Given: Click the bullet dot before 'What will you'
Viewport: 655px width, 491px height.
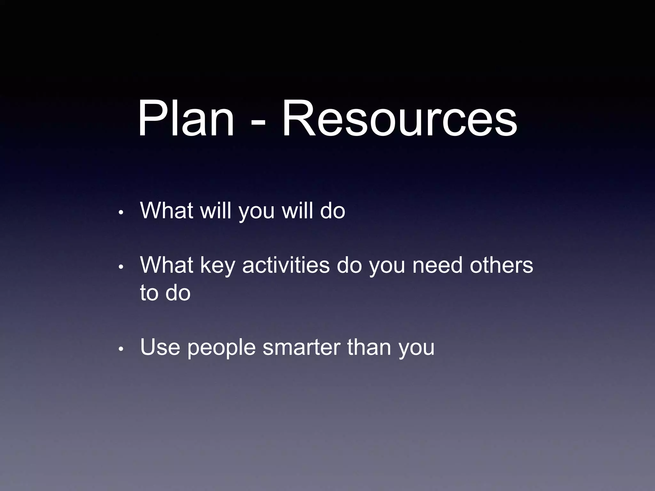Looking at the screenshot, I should click(x=121, y=213).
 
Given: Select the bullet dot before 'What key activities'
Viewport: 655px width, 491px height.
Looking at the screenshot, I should click(x=121, y=267).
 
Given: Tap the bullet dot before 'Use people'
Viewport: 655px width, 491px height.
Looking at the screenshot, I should click(x=121, y=349).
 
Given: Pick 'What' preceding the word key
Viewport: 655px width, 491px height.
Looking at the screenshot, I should click(x=166, y=265).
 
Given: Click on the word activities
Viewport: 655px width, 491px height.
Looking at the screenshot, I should click(x=286, y=265).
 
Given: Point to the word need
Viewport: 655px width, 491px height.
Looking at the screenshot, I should click(x=437, y=265).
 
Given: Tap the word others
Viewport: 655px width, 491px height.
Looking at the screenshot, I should click(x=501, y=265).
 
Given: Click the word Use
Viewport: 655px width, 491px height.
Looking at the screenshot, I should click(x=160, y=347).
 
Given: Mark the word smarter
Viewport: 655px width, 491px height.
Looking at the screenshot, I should click(x=301, y=347).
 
